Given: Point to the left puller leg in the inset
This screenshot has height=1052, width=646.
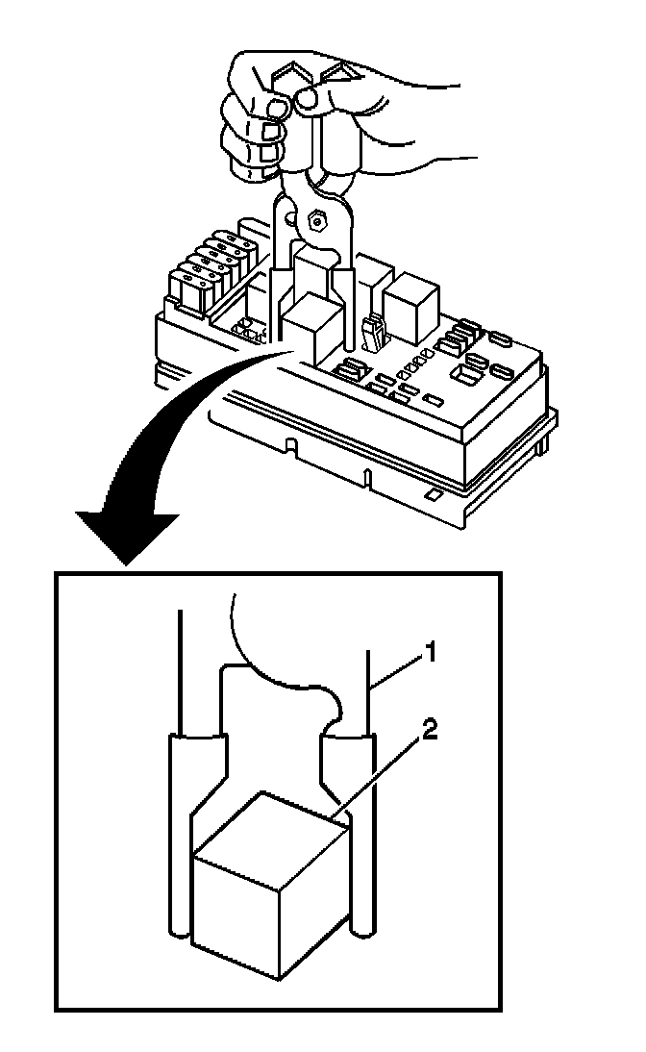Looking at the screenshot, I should [x=180, y=837].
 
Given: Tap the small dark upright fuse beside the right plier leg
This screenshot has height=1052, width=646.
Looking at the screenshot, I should [x=371, y=332].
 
